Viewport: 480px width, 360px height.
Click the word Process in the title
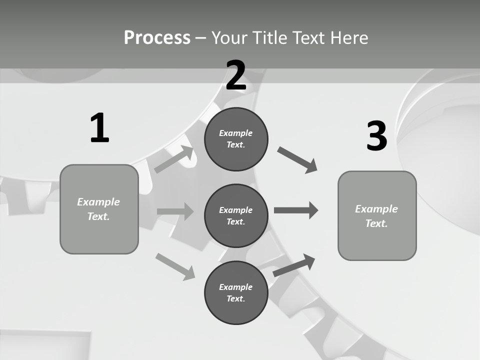click(x=157, y=38)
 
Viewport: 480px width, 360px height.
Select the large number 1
click(x=99, y=128)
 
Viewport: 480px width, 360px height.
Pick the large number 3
click(x=376, y=136)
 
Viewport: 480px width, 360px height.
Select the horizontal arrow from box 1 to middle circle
click(x=175, y=211)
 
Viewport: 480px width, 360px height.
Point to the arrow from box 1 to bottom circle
click(x=175, y=266)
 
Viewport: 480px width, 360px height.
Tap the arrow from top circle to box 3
click(x=297, y=160)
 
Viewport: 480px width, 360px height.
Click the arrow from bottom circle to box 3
click(x=294, y=265)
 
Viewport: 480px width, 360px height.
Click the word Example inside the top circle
click(x=236, y=133)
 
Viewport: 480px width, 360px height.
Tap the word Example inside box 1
click(x=98, y=202)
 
